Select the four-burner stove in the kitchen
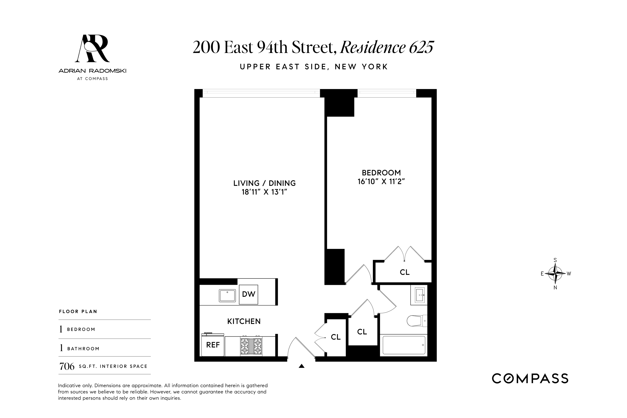251,346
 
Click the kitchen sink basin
227,296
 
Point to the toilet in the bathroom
417,321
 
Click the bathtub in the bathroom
404,345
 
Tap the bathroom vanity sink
420,295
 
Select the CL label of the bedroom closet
404,272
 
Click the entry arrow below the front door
302,366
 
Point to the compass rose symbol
555,273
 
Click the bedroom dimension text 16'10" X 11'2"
381,182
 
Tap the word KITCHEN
244,321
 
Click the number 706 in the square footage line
67,367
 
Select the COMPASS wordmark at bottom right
530,379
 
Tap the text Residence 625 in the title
387,47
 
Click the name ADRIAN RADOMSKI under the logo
92,71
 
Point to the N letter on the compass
555,288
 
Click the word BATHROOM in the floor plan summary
83,349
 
